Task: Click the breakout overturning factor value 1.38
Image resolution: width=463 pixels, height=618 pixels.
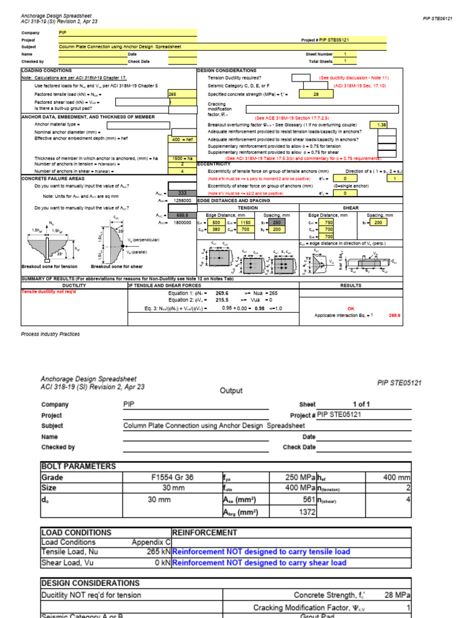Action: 381,124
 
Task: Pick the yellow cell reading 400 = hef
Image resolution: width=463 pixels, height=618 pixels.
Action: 182,139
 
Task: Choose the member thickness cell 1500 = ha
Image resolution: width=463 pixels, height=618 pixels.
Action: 182,158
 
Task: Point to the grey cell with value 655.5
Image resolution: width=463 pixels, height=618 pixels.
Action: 183,215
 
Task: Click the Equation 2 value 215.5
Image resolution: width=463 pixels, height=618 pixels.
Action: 222,299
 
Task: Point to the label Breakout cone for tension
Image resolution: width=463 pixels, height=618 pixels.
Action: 49,266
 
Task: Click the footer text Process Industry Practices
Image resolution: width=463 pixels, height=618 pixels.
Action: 50,334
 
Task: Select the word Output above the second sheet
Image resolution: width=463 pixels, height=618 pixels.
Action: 231,390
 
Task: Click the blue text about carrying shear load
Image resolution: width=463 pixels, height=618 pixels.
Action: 260,562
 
